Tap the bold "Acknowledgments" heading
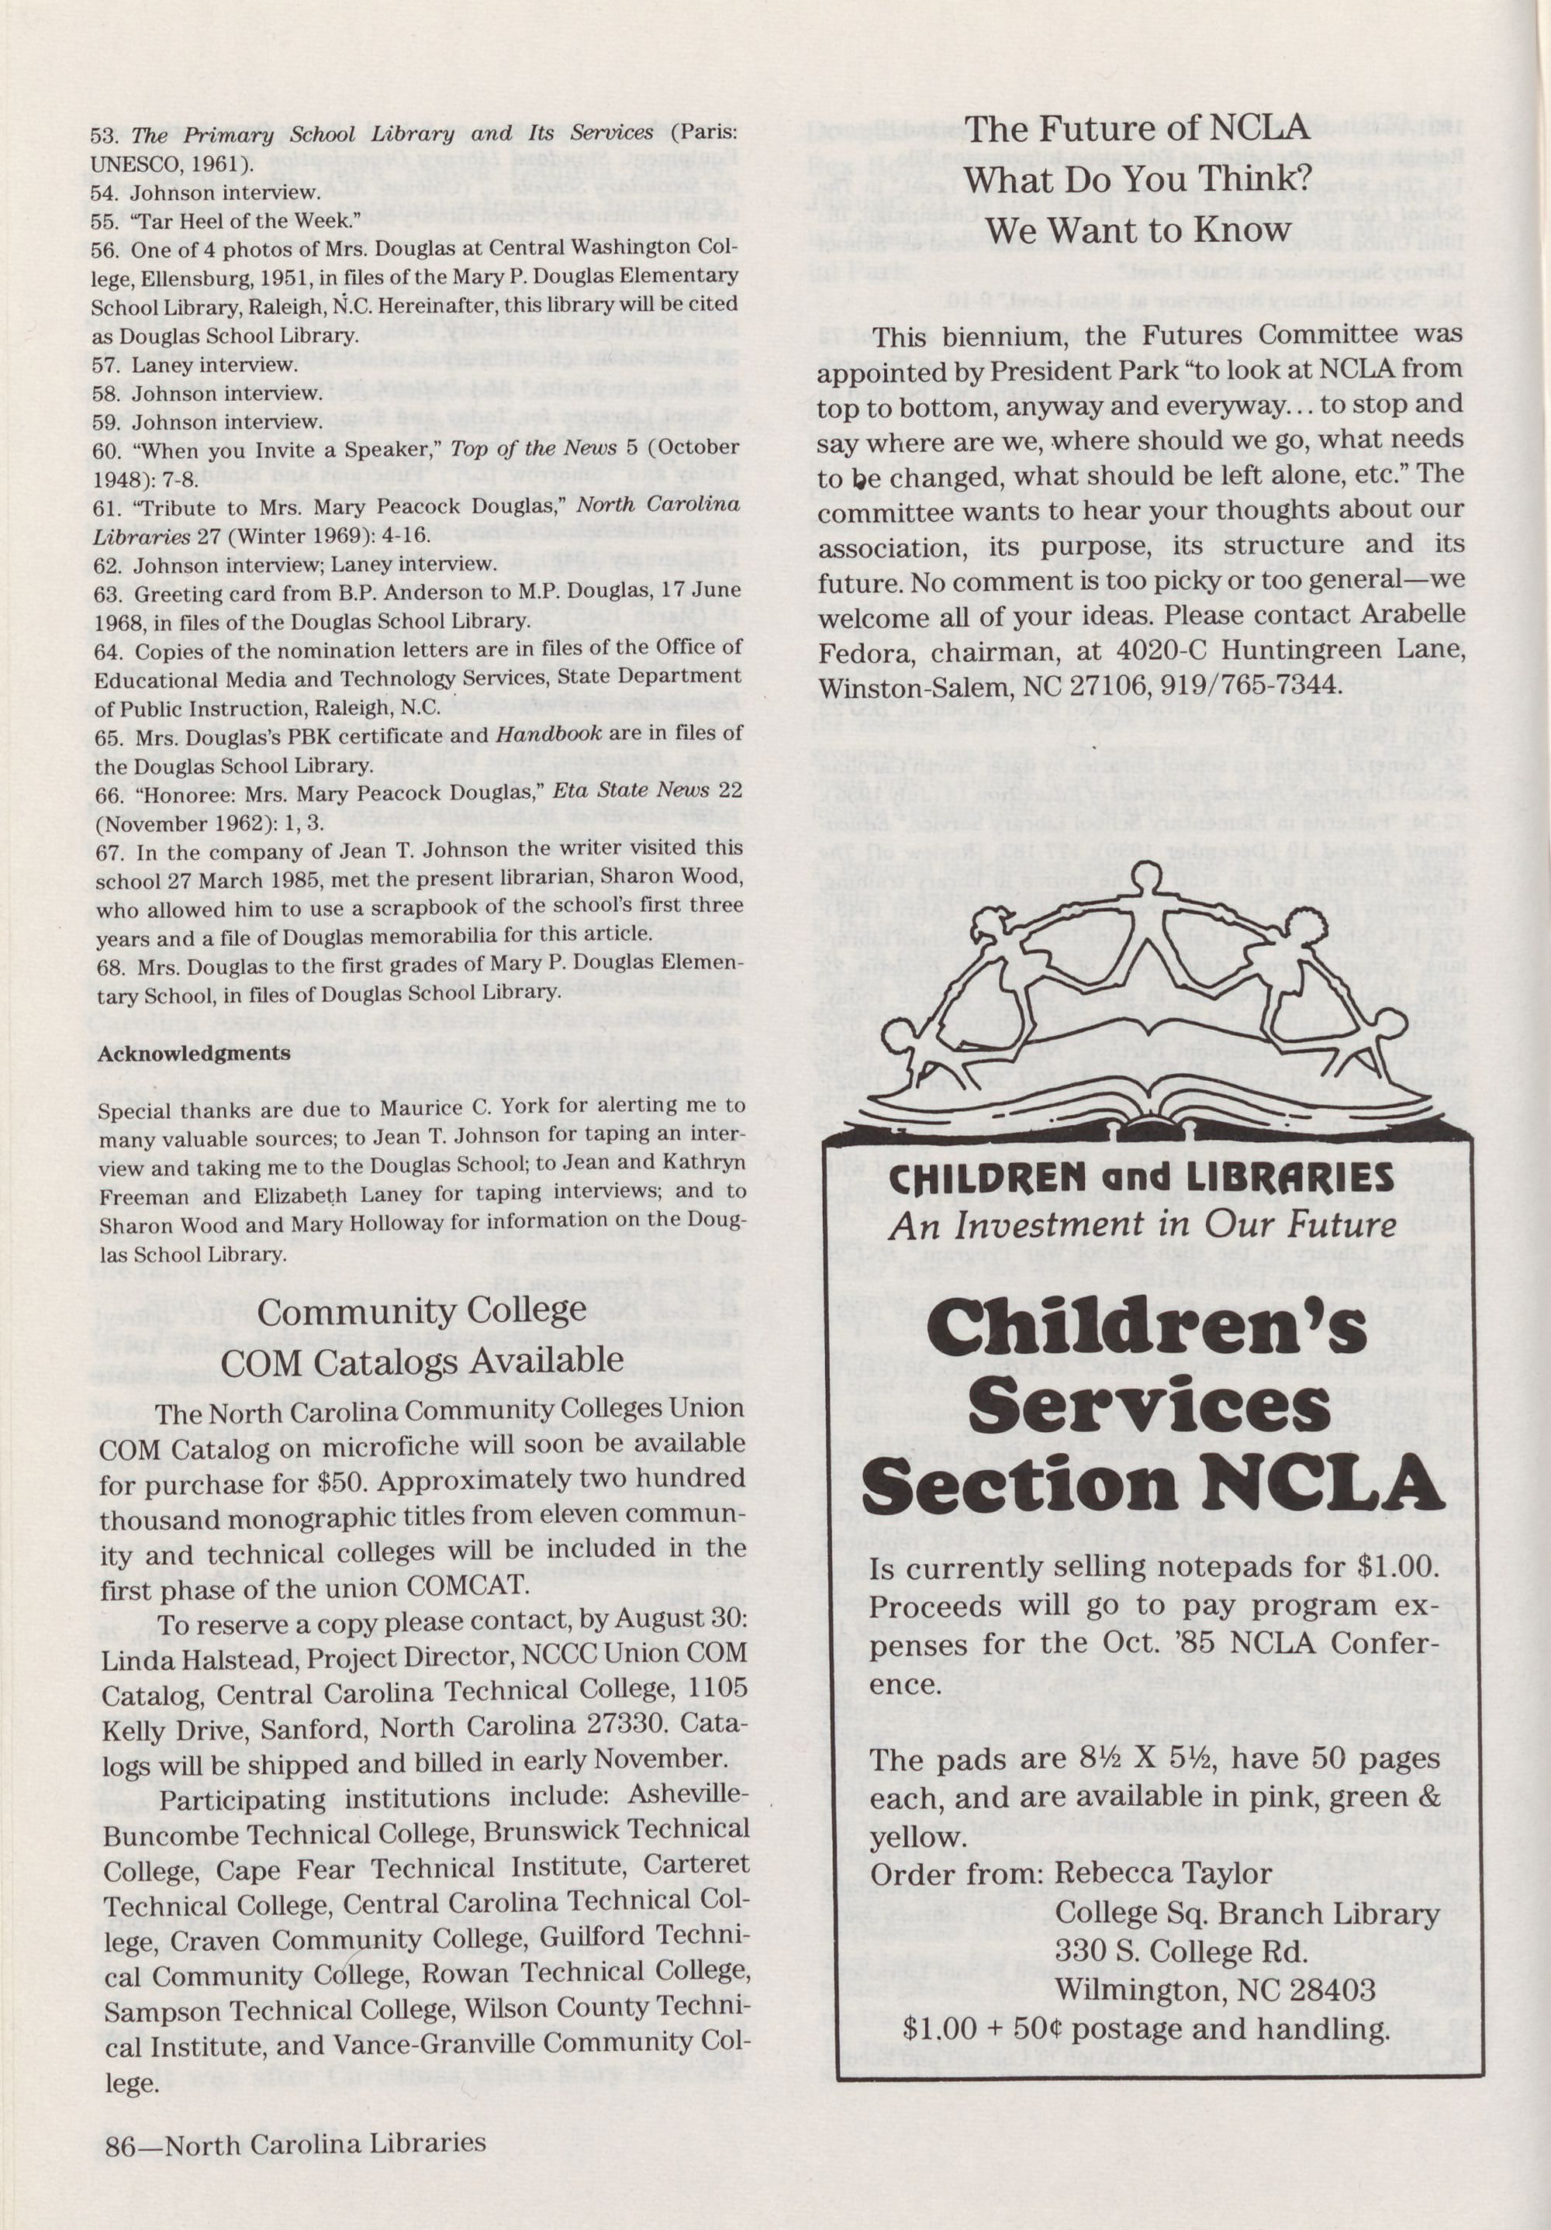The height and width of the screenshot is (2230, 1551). (193, 1054)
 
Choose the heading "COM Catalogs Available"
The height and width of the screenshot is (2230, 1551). (422, 1360)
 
